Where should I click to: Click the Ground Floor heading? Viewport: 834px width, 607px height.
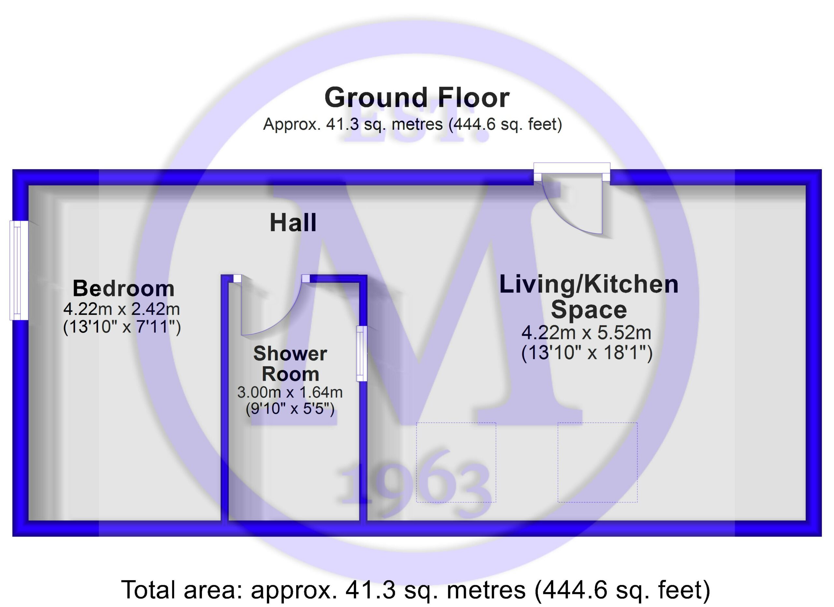[417, 97]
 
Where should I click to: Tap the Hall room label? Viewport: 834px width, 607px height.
[293, 223]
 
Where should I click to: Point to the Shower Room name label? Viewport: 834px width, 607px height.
[290, 364]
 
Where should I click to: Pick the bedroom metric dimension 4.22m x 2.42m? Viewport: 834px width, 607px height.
[122, 309]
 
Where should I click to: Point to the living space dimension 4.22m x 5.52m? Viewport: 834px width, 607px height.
[586, 333]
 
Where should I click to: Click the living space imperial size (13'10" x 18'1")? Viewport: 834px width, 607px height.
[587, 353]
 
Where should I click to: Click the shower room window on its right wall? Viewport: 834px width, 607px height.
[362, 353]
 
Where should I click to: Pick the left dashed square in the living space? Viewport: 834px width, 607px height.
[456, 463]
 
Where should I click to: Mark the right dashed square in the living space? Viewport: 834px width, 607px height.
[597, 463]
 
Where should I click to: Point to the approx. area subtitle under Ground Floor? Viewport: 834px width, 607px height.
[412, 124]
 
